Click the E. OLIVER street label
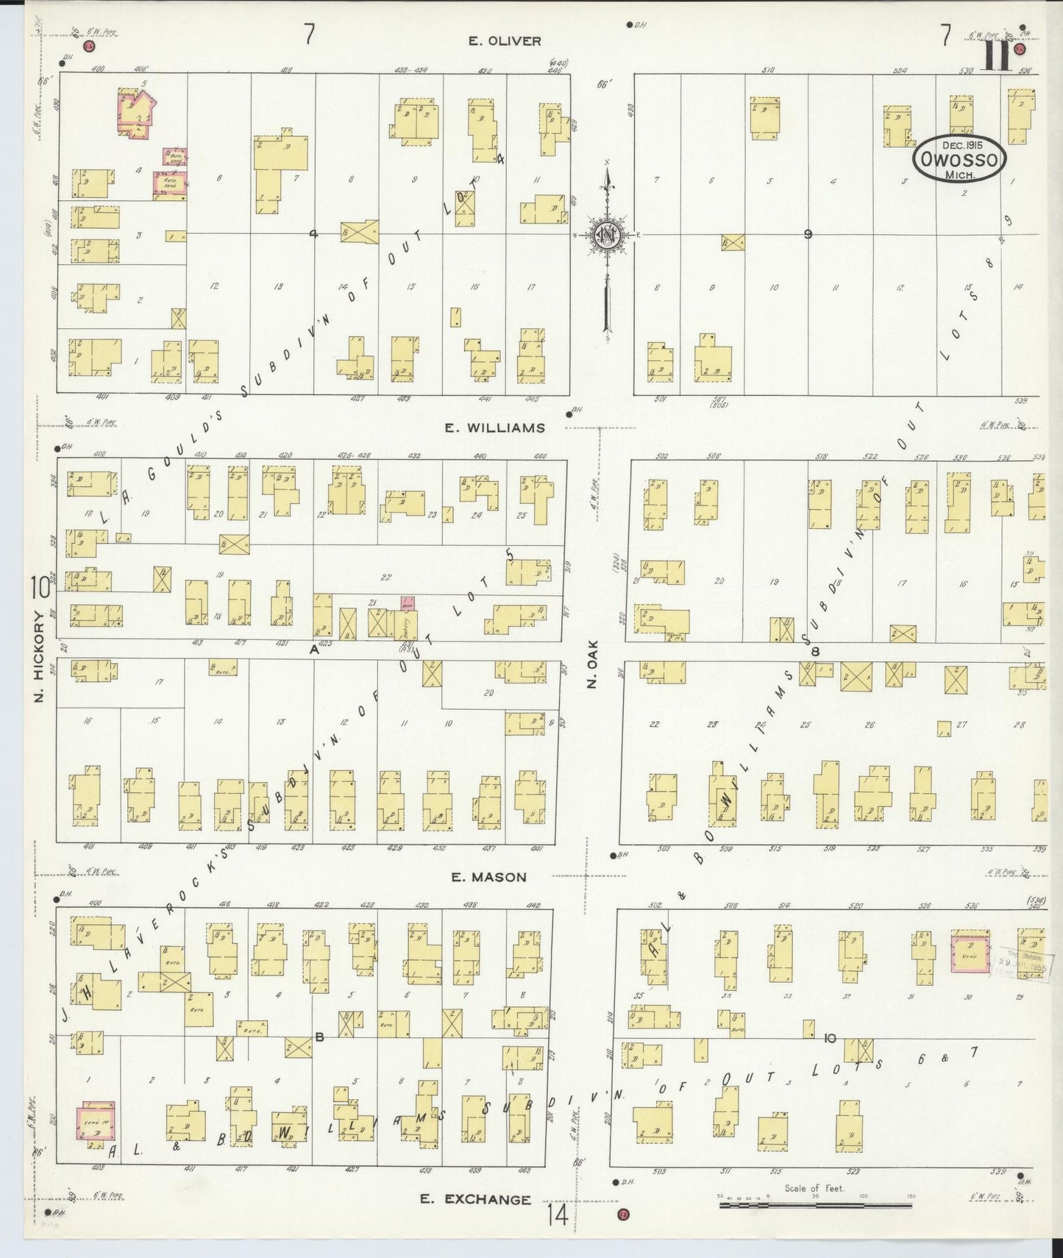coord(505,41)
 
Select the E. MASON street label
coord(489,877)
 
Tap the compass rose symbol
coord(608,235)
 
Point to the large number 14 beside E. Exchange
coord(557,1215)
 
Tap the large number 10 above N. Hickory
coord(39,589)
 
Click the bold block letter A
coord(314,650)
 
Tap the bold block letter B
coord(319,1038)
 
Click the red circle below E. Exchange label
coord(625,1214)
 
